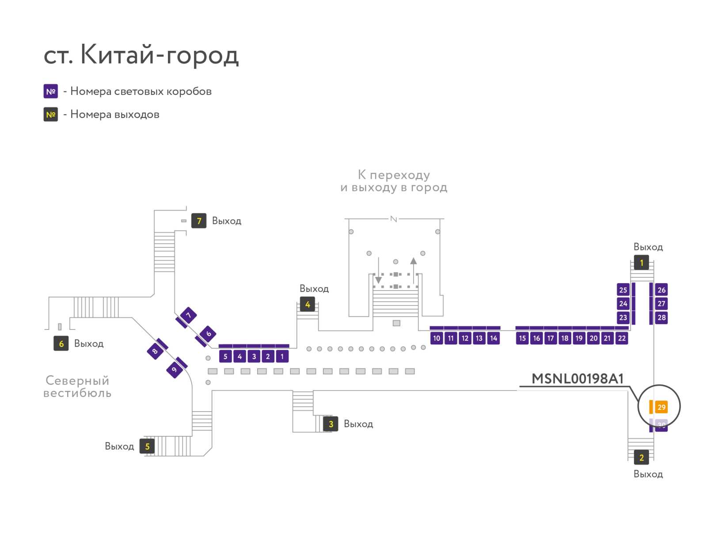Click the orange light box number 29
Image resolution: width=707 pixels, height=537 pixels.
tap(661, 407)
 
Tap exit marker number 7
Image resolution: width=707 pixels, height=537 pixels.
tap(199, 221)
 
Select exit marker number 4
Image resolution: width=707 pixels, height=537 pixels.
tap(307, 304)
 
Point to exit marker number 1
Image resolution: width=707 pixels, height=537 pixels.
tap(641, 263)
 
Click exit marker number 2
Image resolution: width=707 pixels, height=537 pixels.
tap(641, 457)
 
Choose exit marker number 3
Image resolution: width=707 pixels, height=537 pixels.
tap(331, 424)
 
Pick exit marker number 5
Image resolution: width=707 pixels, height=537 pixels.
tap(147, 446)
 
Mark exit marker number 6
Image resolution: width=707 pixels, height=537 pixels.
tap(61, 343)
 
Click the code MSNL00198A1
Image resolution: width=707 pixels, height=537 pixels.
tap(578, 379)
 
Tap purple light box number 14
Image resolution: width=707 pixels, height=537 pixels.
tap(494, 338)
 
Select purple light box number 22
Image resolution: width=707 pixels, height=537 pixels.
tap(622, 338)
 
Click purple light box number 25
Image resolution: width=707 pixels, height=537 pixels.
tap(623, 290)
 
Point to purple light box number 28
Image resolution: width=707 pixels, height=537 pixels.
tap(661, 318)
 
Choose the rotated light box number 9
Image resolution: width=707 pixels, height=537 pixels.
tap(175, 370)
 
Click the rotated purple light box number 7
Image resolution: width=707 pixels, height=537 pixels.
tap(188, 315)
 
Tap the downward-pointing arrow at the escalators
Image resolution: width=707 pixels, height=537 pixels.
tap(378, 270)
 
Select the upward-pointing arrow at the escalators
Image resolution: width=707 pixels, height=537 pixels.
tap(413, 270)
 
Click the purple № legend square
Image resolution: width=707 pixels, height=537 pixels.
tap(50, 91)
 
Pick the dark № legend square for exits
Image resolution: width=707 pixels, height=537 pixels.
tap(50, 114)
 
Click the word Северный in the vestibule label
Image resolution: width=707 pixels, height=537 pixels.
tap(77, 380)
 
